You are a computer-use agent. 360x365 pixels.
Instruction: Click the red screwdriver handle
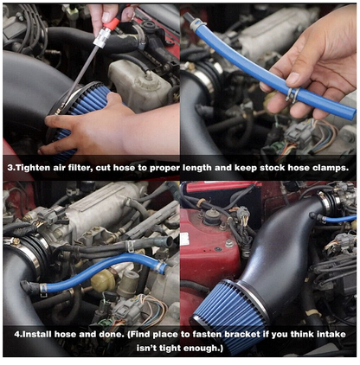114,21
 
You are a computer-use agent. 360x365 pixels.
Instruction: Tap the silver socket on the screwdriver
101,37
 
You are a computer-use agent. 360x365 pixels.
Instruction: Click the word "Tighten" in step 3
33,168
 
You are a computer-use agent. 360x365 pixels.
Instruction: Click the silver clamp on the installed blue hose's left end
43,289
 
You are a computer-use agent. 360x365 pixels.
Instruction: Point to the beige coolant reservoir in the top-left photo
138,85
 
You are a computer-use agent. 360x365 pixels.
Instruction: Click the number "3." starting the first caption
10,168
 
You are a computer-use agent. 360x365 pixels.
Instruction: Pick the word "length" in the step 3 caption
197,169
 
